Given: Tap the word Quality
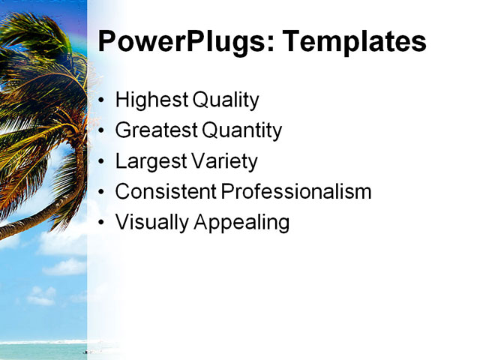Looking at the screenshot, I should pos(226,100).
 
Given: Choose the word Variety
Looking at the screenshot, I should pos(223,162).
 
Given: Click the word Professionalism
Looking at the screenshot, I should pos(296,192).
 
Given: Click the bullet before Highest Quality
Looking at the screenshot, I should pos(101,101).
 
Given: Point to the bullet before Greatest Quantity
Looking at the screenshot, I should pos(101,132).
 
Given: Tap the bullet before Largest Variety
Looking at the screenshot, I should pos(101,162).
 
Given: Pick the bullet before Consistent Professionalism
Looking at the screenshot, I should pos(101,193).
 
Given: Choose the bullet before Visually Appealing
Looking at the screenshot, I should pos(101,223).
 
